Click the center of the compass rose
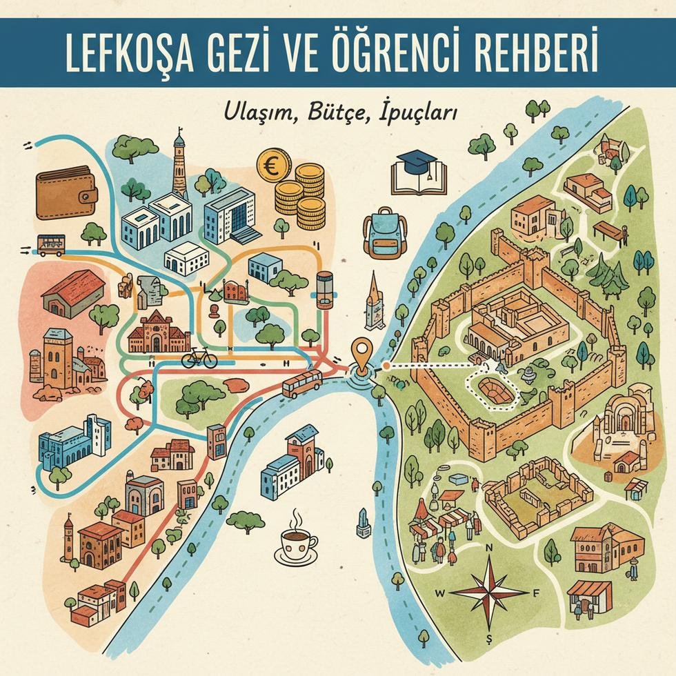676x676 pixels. [x=489, y=590]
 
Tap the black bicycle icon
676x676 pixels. [x=199, y=358]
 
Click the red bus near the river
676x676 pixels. [x=302, y=383]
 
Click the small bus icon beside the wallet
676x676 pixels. [x=51, y=244]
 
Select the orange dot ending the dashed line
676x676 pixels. [x=386, y=365]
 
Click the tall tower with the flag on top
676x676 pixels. [x=179, y=164]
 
